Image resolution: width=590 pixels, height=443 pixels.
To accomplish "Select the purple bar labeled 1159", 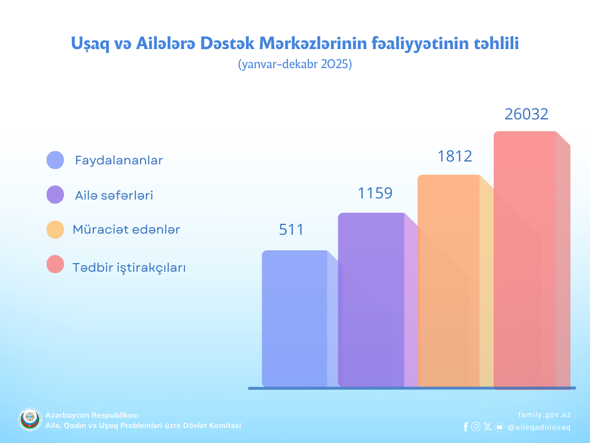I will pos(371,299).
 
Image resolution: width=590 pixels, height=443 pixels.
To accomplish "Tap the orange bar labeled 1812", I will pos(448,280).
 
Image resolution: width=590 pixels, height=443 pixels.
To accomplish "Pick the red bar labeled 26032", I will pos(525,260).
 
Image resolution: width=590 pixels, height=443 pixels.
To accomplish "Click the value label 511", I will pos(291,230).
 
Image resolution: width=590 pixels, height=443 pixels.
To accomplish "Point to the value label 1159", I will pos(375,193).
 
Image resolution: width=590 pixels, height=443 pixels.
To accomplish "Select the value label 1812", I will pos(455,156).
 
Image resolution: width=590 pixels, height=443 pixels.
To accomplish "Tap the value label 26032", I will pos(527,114).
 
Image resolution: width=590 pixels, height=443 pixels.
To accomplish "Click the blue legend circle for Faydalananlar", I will pos(55,160).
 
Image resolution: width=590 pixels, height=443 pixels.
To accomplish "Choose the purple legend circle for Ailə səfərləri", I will pos(55,195).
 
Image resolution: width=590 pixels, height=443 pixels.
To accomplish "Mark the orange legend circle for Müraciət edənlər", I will pos(55,230).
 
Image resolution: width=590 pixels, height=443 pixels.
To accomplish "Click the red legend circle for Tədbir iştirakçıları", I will pos(55,265).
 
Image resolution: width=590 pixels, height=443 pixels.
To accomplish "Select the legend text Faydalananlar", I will pos(119,160).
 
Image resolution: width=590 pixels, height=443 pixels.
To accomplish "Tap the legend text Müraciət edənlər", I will pos(126,230).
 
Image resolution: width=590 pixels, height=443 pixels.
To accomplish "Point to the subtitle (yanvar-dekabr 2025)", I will pos(294,65).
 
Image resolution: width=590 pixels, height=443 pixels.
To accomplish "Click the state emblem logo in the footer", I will pos(30,420).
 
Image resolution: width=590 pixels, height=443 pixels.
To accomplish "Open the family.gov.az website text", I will pos(544,414).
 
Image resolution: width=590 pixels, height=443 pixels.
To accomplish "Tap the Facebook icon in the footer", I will pos(466,427).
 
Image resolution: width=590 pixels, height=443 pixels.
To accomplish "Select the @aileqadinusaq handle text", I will pos(539,427).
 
